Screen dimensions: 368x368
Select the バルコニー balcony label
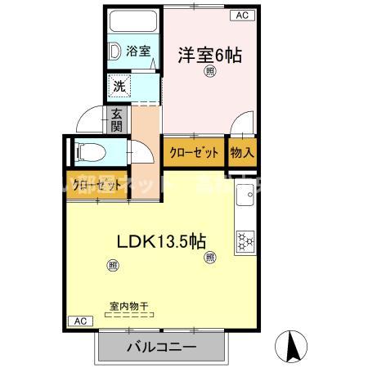point(160,348)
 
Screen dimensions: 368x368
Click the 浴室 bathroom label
point(138,52)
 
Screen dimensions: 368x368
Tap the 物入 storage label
point(242,152)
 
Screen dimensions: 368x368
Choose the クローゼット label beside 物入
point(194,152)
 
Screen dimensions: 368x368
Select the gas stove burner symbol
point(245,240)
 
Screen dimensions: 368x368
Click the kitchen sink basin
point(244,197)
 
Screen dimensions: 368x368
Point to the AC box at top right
point(242,14)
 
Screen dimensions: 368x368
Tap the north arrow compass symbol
point(292,346)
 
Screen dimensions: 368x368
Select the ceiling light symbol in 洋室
point(210,73)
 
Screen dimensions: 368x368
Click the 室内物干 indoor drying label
point(129,307)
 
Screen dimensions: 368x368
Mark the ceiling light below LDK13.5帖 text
point(112,264)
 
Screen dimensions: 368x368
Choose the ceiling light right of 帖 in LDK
point(211,258)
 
